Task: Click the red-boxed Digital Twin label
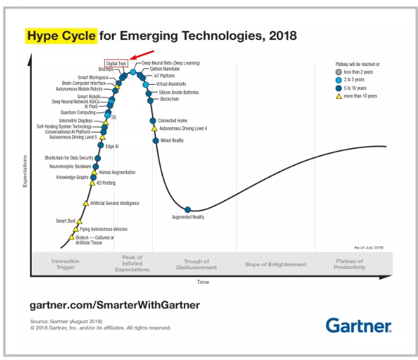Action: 116,63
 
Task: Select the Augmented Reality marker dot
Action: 188,209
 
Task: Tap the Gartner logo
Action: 358,325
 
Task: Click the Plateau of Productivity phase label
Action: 349,264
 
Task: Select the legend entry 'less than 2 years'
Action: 358,72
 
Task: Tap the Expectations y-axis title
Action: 25,171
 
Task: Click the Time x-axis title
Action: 203,282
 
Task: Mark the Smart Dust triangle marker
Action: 80,222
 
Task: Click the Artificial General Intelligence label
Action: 115,203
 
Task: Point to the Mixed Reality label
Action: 171,140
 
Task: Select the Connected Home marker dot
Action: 153,121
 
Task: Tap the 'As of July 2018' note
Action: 369,248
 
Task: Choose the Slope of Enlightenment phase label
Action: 276,264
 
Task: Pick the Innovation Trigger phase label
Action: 65,264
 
